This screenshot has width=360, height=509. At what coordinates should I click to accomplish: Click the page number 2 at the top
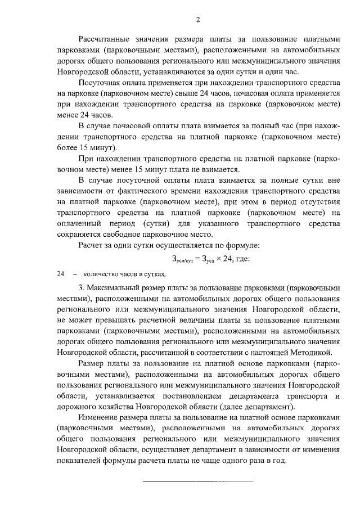pyautogui.click(x=198, y=21)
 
